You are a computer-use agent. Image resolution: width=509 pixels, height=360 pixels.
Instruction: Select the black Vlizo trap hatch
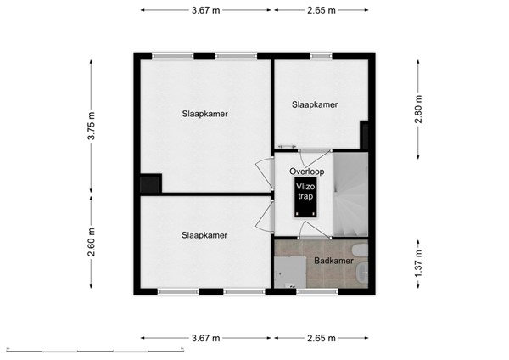coord(304,197)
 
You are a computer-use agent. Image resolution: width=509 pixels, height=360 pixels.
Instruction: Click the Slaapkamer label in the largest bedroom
coord(204,113)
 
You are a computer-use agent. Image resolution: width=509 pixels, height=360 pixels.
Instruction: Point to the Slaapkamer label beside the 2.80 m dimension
coord(315,104)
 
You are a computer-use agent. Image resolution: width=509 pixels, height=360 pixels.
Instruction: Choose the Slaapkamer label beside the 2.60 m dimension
coord(204,234)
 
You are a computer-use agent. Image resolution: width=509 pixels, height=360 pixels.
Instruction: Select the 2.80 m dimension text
coord(417,108)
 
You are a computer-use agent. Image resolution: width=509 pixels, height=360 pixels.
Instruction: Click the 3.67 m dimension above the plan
coord(205,10)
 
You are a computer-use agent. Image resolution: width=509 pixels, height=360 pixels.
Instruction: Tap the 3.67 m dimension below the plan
coord(205,338)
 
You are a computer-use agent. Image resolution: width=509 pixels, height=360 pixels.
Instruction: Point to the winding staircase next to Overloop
coord(349,196)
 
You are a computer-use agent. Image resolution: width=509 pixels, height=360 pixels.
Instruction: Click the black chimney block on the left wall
coord(151,183)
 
